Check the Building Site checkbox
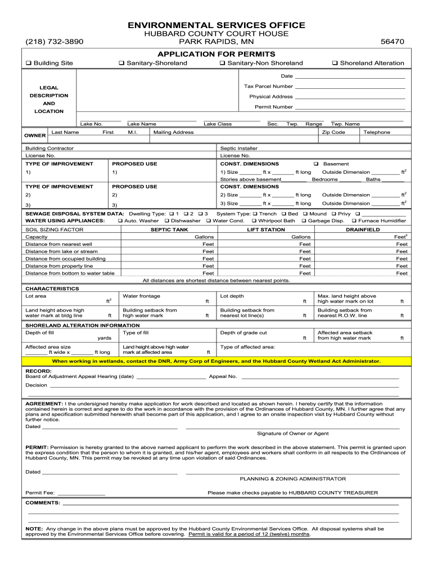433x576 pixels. click(x=28, y=64)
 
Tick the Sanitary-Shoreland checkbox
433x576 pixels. click(x=121, y=64)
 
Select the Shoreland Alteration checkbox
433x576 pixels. click(x=335, y=64)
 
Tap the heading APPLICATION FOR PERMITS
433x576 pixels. click(x=216, y=54)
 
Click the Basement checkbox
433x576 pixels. click(x=316, y=164)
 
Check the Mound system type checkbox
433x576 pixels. click(x=305, y=214)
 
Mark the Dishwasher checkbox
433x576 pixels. click(x=166, y=221)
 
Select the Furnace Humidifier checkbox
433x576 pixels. click(x=354, y=221)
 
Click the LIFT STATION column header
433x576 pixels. click(x=266, y=229)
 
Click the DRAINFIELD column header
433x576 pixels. click(x=363, y=229)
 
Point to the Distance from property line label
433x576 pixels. click(x=59, y=265)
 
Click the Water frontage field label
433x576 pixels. click(x=141, y=296)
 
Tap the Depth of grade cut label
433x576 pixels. click(x=243, y=332)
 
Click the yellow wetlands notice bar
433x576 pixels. click(x=216, y=361)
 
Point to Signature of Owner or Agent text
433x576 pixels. click(x=292, y=433)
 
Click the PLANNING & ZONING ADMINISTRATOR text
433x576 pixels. click(x=292, y=479)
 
